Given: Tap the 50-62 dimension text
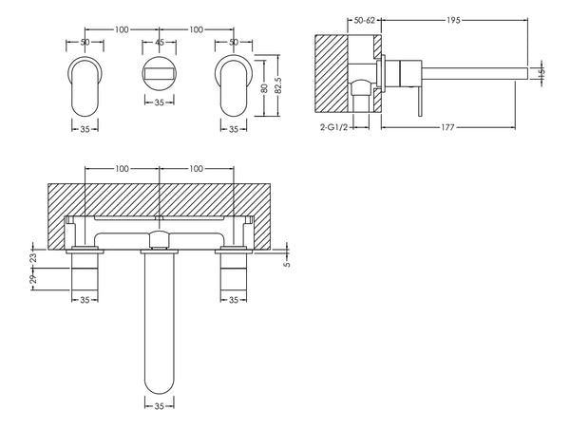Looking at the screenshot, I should (x=363, y=20).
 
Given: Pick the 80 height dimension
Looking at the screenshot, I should (x=264, y=85).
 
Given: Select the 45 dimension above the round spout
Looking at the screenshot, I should (x=160, y=44).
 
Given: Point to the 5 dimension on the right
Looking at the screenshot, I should (x=287, y=265).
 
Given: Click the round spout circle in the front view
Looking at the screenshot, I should (x=160, y=74).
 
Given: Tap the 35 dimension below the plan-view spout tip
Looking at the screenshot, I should (x=160, y=404).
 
